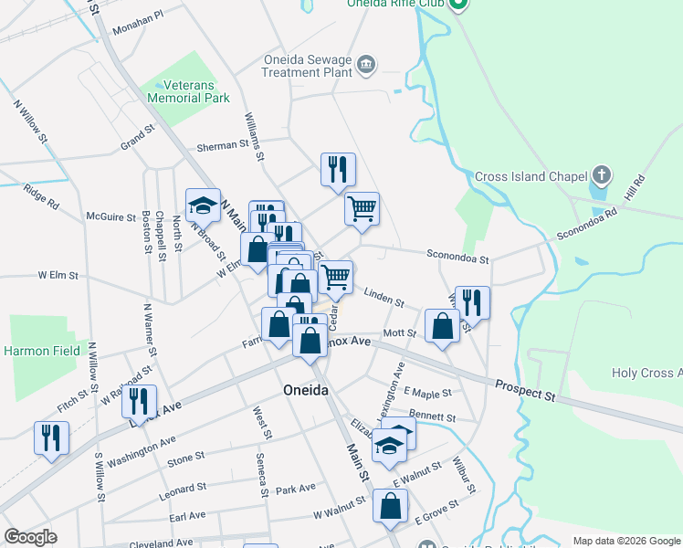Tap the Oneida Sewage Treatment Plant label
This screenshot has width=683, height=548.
[308, 66]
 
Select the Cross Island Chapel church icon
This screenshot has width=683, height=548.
[601, 174]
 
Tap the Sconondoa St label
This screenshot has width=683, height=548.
[458, 258]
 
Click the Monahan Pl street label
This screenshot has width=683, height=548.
[137, 23]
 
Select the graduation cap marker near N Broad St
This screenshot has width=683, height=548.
[204, 206]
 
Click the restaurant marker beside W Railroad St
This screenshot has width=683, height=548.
[139, 401]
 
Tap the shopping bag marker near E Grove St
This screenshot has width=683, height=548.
[391, 507]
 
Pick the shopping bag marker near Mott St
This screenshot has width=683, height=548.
[442, 328]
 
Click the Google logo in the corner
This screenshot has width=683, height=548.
[30, 537]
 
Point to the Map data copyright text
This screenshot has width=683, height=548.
[625, 541]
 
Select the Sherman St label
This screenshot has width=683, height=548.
[224, 145]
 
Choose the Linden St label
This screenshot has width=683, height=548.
[384, 296]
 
